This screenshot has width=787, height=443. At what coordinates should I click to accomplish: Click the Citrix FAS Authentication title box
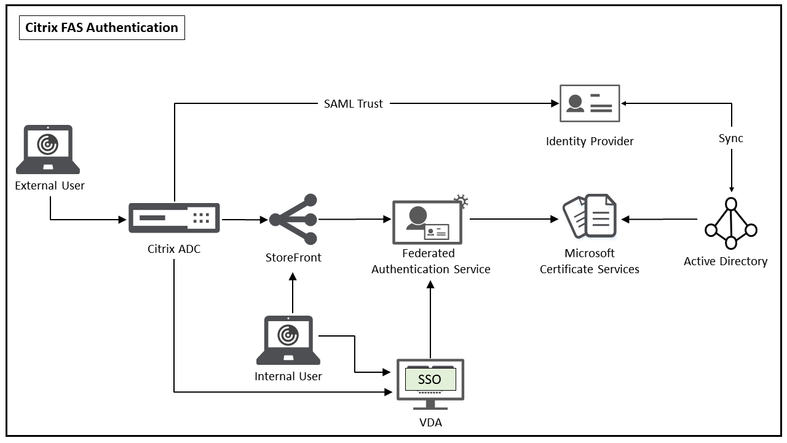[102, 28]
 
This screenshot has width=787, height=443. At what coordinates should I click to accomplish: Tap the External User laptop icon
[49, 150]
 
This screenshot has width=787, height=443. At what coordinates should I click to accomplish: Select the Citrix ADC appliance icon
[175, 218]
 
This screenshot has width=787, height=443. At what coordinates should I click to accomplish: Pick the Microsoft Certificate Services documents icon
[590, 216]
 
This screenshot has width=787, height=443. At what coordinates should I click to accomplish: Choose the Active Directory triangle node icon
[730, 224]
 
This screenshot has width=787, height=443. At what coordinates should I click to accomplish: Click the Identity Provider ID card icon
[590, 103]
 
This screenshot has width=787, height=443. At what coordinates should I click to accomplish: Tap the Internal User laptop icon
[288, 340]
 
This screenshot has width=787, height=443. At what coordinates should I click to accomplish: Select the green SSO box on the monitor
[430, 380]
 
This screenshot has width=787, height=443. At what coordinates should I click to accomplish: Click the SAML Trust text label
[354, 104]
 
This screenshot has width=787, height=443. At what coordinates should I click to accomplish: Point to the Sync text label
[731, 138]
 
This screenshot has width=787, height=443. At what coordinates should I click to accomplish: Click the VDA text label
[430, 423]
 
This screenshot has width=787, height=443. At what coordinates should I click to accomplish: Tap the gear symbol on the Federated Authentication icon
[461, 201]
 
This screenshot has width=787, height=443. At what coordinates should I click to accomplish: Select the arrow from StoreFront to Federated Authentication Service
[355, 219]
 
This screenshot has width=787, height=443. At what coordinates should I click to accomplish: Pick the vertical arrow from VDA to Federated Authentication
[430, 320]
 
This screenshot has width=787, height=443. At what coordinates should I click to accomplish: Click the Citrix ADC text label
[174, 249]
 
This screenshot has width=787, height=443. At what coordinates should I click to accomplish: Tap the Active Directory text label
[726, 261]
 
